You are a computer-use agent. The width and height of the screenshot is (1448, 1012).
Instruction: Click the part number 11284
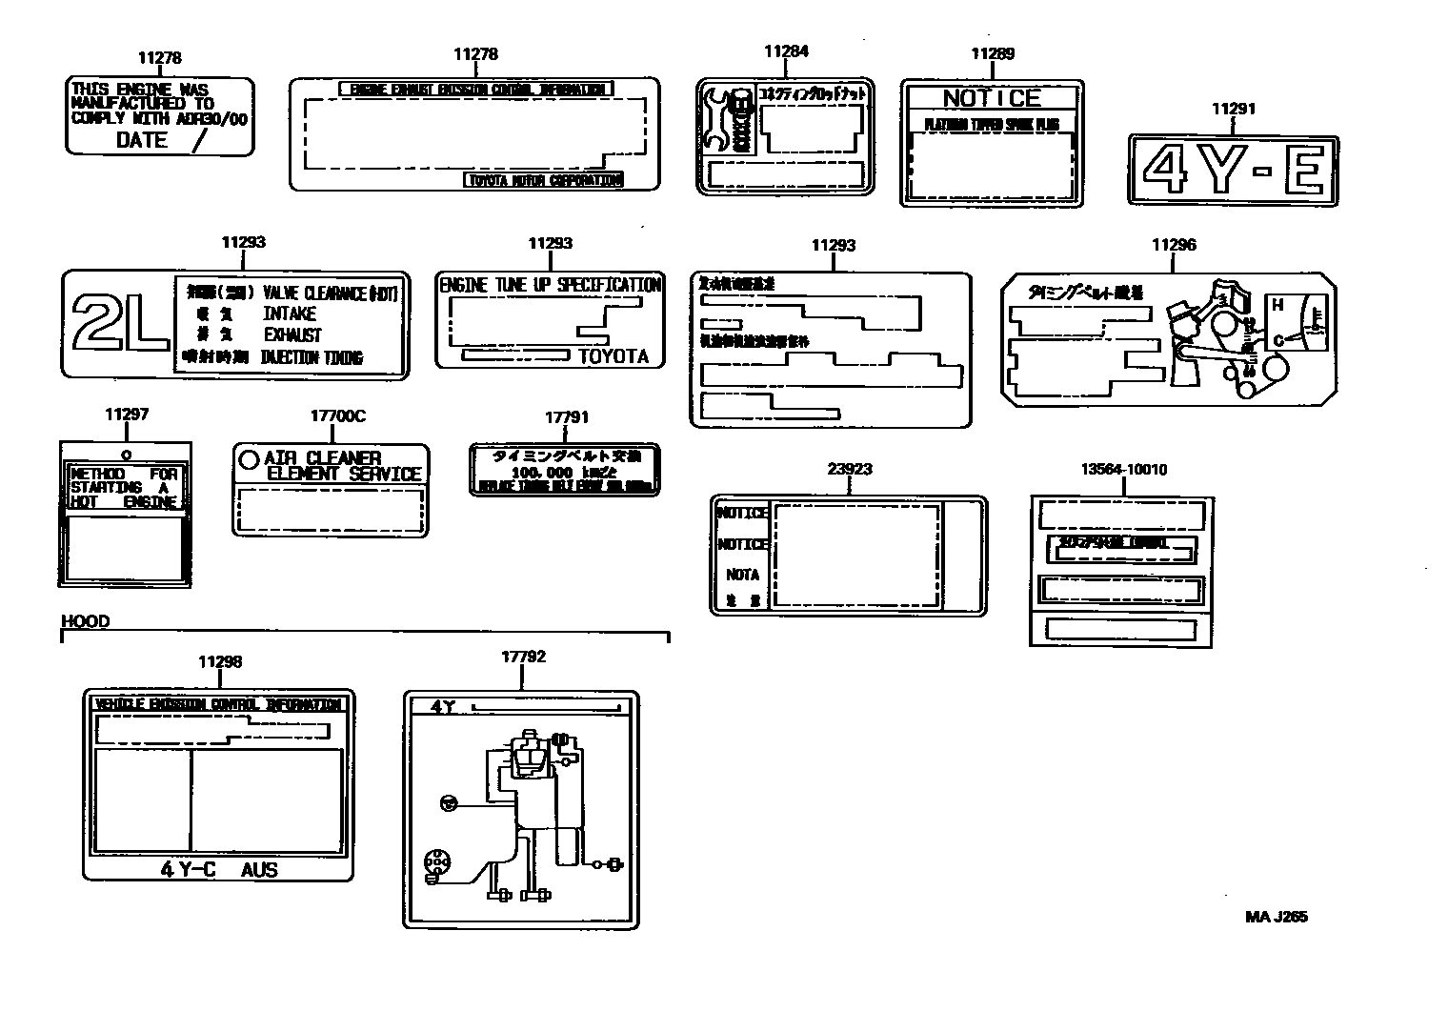click(786, 51)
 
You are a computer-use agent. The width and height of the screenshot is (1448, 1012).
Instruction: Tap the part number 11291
click(1233, 109)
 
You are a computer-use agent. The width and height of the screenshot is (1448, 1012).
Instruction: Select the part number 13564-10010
click(1123, 469)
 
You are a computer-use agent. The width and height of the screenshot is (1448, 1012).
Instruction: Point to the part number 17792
click(523, 657)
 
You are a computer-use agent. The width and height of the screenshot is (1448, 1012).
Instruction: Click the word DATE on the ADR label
click(142, 140)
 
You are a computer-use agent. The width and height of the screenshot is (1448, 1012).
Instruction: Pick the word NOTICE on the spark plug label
click(992, 98)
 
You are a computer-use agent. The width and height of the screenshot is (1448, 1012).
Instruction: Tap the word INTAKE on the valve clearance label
click(290, 314)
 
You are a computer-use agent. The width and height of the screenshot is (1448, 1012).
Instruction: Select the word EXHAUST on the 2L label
click(292, 335)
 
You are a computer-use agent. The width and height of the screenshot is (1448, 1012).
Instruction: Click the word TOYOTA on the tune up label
click(613, 356)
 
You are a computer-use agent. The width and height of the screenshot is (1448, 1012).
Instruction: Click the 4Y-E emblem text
click(1233, 170)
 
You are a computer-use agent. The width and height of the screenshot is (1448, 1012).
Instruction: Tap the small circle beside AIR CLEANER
click(249, 459)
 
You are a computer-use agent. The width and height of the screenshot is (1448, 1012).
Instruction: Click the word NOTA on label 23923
click(742, 575)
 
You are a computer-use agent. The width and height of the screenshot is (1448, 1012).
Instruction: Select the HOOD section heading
click(86, 621)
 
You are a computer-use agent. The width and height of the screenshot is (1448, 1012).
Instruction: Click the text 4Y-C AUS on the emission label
click(219, 869)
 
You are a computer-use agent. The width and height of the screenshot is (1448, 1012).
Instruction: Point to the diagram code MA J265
click(1277, 917)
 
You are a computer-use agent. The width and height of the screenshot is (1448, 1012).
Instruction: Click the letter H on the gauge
click(1277, 305)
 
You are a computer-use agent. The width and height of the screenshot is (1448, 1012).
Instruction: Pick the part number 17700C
click(337, 416)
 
